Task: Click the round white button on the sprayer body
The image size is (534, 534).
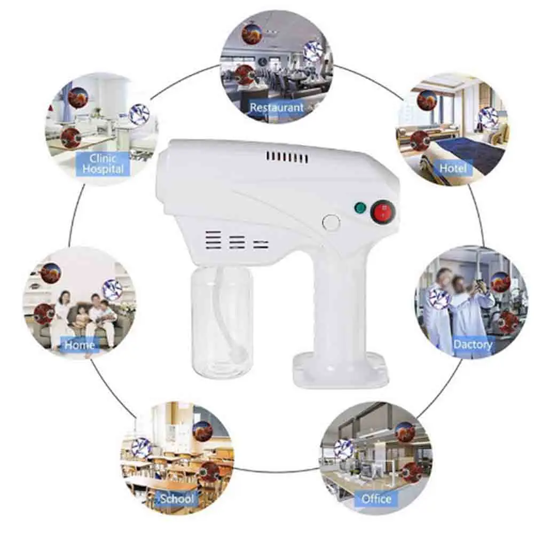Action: pyautogui.click(x=332, y=222)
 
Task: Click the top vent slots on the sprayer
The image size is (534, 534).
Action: pyautogui.click(x=287, y=157)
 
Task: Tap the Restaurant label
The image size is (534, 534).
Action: pyautogui.click(x=276, y=107)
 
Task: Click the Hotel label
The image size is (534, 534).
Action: pyautogui.click(x=452, y=168)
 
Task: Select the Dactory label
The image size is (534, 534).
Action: pyautogui.click(x=473, y=344)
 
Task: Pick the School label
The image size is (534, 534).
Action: pyautogui.click(x=177, y=499)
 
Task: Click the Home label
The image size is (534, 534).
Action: pyautogui.click(x=80, y=345)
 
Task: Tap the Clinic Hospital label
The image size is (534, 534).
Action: pyautogui.click(x=103, y=164)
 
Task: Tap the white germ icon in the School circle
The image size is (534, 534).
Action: pyautogui.click(x=141, y=447)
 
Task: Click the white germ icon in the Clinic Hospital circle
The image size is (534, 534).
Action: pyautogui.click(x=139, y=114)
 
